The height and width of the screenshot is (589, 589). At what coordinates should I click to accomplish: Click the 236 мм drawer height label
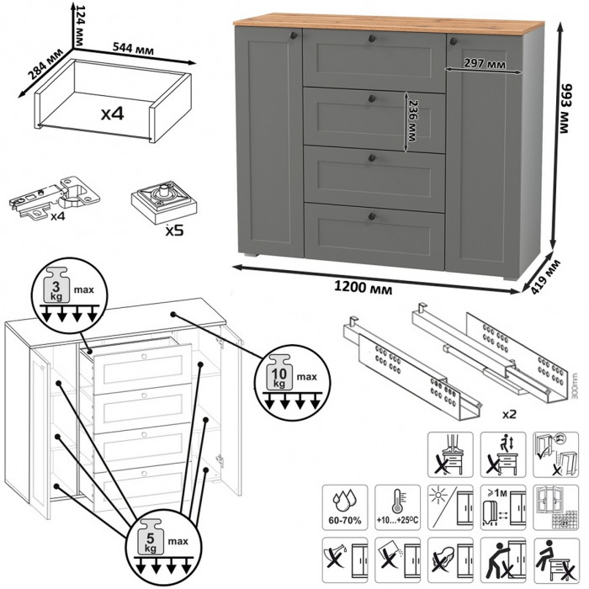point(411,125)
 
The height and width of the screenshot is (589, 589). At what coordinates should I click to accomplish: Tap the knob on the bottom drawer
point(370,220)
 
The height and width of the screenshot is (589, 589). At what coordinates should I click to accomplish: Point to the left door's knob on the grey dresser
point(293,36)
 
